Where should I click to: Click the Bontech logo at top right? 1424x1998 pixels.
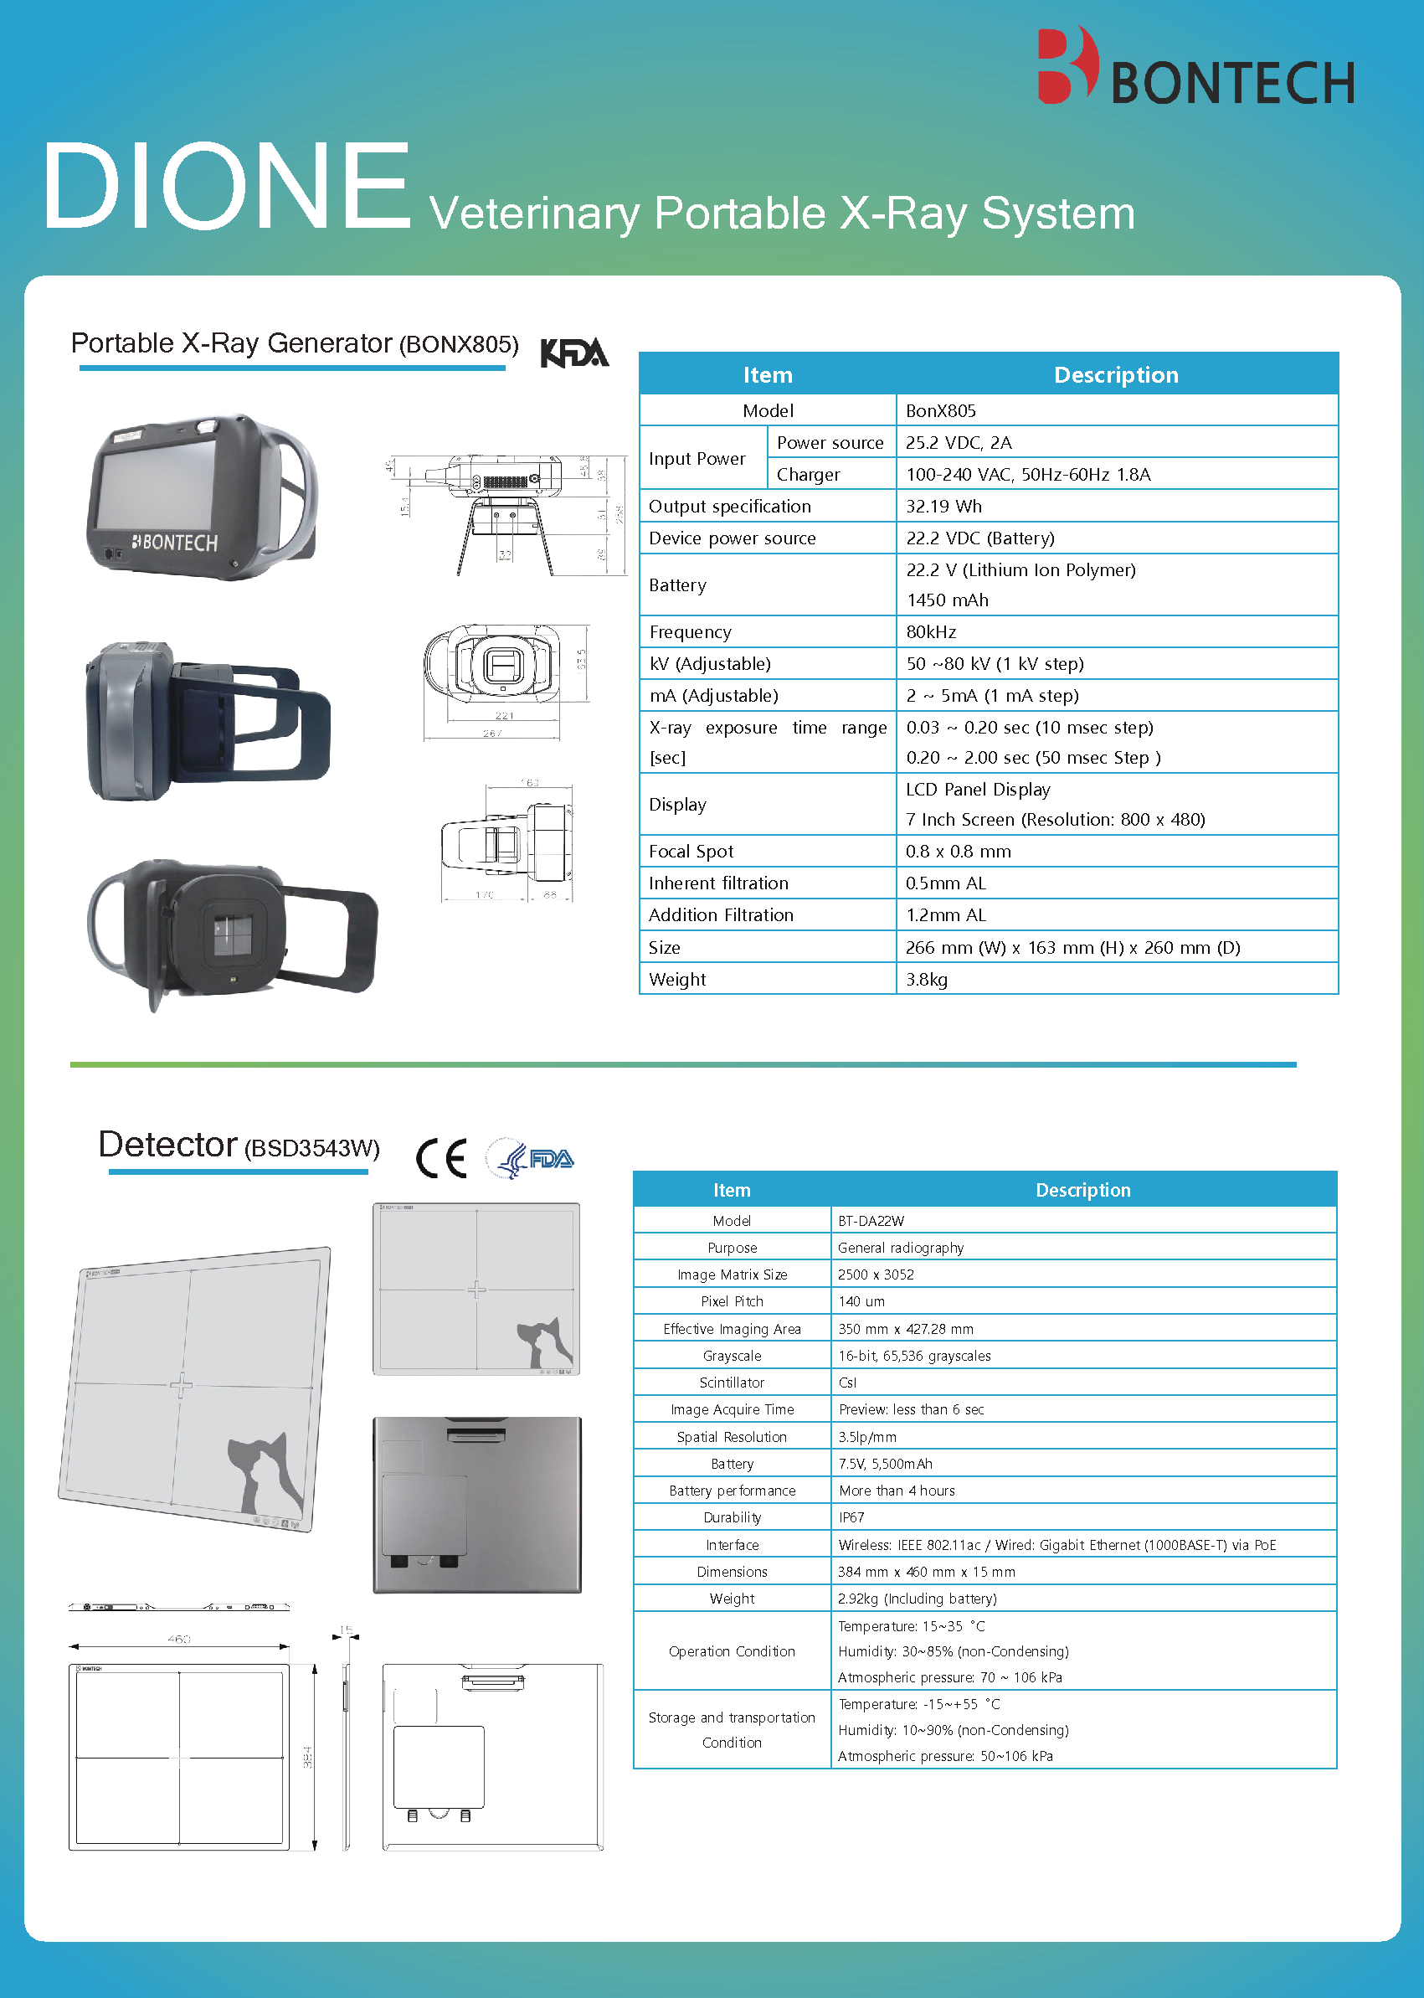[x=1195, y=69]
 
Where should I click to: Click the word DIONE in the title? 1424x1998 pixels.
[x=226, y=187]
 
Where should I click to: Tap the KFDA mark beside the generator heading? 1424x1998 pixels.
[x=574, y=353]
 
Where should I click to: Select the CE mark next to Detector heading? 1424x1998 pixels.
[x=441, y=1159]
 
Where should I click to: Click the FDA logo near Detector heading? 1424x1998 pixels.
[x=531, y=1159]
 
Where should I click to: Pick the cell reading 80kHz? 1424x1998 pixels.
[x=931, y=631]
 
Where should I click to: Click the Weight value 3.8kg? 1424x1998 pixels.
[x=927, y=979]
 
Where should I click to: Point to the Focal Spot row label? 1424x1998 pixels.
[x=691, y=851]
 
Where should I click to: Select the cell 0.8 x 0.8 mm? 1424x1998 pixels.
[x=958, y=851]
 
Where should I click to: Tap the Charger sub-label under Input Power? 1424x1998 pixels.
[x=808, y=475]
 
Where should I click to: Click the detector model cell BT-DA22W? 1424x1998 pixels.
[x=871, y=1221]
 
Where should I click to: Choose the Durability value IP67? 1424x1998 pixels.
[x=851, y=1517]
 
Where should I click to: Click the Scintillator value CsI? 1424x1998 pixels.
[x=847, y=1383]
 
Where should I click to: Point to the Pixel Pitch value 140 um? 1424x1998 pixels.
[x=861, y=1301]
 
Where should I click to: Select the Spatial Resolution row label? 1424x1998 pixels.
[x=732, y=1437]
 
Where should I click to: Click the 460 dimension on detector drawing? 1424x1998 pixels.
[x=179, y=1639]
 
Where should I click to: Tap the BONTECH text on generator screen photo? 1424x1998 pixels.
[x=175, y=543]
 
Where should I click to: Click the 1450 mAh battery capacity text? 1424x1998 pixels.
[x=947, y=600]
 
